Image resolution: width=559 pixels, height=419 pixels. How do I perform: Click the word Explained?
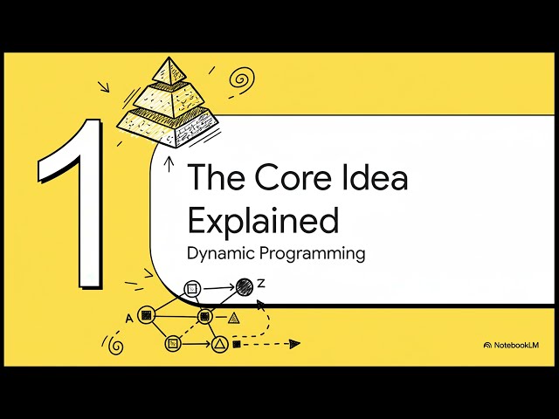pos(263,220)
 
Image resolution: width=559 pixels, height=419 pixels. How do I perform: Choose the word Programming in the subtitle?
pos(313,254)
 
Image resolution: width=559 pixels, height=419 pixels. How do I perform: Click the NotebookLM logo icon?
pos(487,345)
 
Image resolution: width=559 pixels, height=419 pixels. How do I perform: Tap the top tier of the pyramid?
pos(169,71)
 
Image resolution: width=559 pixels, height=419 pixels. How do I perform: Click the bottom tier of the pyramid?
pos(168,127)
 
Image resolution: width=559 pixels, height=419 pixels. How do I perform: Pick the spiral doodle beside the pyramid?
pos(242,79)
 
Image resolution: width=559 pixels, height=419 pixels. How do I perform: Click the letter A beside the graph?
pos(129,318)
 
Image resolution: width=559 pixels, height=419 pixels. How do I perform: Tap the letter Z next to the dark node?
pos(262,284)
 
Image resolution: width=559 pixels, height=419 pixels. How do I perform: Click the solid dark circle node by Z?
pos(245,287)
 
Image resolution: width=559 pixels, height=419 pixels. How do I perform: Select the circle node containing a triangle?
pos(220,344)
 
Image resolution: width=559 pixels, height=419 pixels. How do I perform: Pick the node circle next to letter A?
pos(146,315)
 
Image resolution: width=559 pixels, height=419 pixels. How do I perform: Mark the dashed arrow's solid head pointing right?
pos(294,344)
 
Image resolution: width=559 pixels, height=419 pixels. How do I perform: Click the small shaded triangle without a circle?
pos(233,318)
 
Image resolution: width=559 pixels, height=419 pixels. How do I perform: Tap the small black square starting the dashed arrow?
pos(237,344)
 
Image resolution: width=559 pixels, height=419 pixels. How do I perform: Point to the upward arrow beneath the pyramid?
pos(169,165)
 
